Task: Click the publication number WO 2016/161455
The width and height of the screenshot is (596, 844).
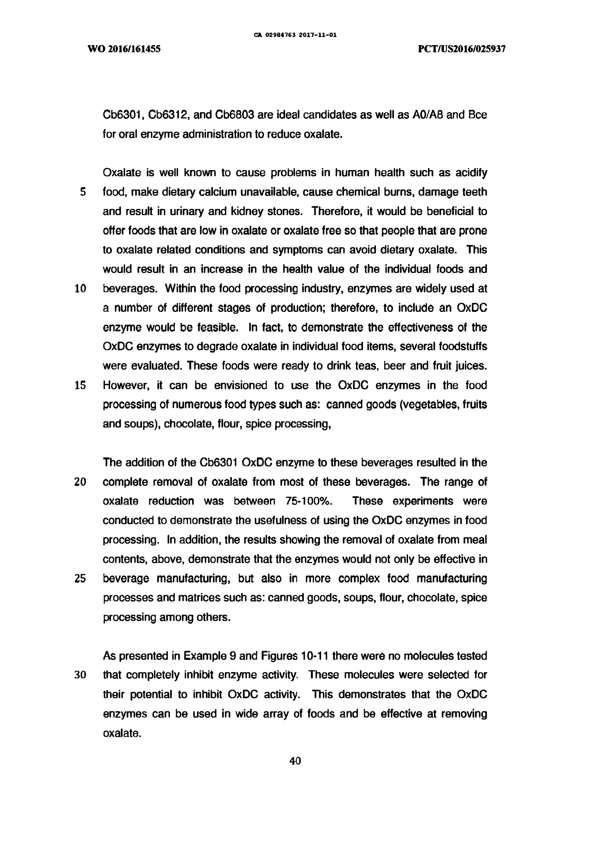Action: tap(124, 49)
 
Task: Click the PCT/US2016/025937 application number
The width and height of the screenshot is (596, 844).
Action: tap(462, 49)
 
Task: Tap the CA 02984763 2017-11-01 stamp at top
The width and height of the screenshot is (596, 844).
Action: tap(295, 35)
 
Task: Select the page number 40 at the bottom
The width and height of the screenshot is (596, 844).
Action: tap(295, 761)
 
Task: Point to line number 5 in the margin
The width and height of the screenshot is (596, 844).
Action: tap(83, 192)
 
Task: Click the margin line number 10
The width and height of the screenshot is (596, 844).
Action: tap(80, 288)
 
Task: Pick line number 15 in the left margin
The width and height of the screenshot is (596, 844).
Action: tap(80, 385)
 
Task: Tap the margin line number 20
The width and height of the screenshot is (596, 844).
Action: tap(80, 482)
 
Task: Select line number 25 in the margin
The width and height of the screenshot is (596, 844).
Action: tap(80, 579)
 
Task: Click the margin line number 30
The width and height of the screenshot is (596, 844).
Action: tap(80, 675)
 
